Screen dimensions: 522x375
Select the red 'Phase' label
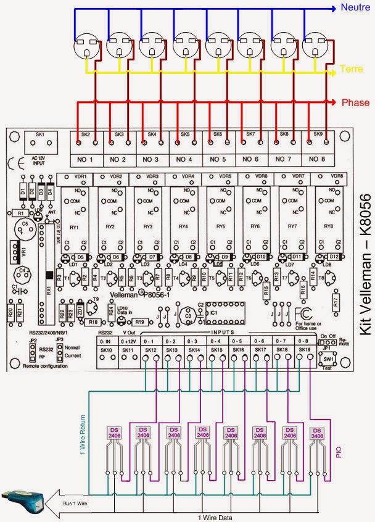[356, 102]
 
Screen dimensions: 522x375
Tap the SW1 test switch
[328, 358]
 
